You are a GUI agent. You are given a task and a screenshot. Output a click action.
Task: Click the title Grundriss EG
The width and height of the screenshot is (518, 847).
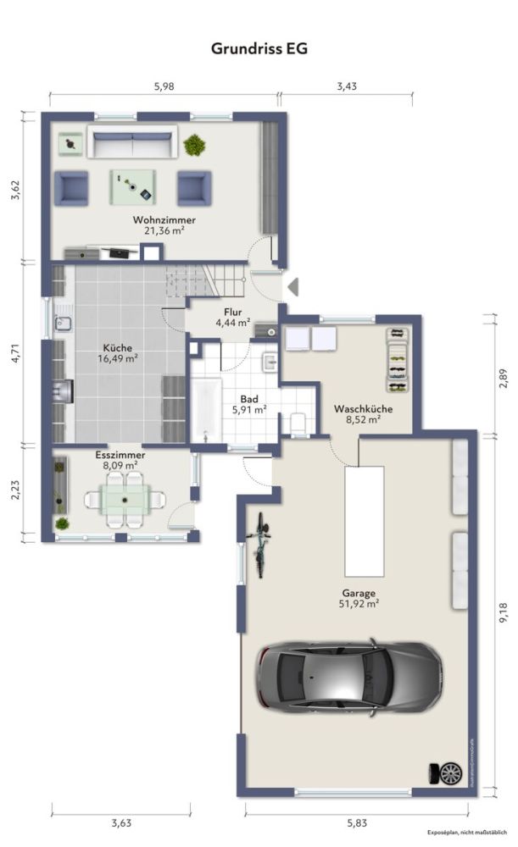[259, 49]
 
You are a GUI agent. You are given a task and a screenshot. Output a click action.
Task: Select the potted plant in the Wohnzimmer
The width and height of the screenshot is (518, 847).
[195, 145]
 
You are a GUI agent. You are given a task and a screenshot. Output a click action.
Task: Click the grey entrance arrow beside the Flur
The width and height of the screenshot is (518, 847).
[292, 287]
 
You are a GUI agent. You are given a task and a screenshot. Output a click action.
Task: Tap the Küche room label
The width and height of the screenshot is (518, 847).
[118, 347]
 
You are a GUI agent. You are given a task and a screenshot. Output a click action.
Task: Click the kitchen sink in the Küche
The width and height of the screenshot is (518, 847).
[63, 323]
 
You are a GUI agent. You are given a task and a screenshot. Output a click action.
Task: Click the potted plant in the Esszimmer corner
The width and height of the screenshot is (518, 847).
[62, 523]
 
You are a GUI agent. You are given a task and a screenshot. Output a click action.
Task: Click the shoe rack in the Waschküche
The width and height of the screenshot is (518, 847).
[396, 359]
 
